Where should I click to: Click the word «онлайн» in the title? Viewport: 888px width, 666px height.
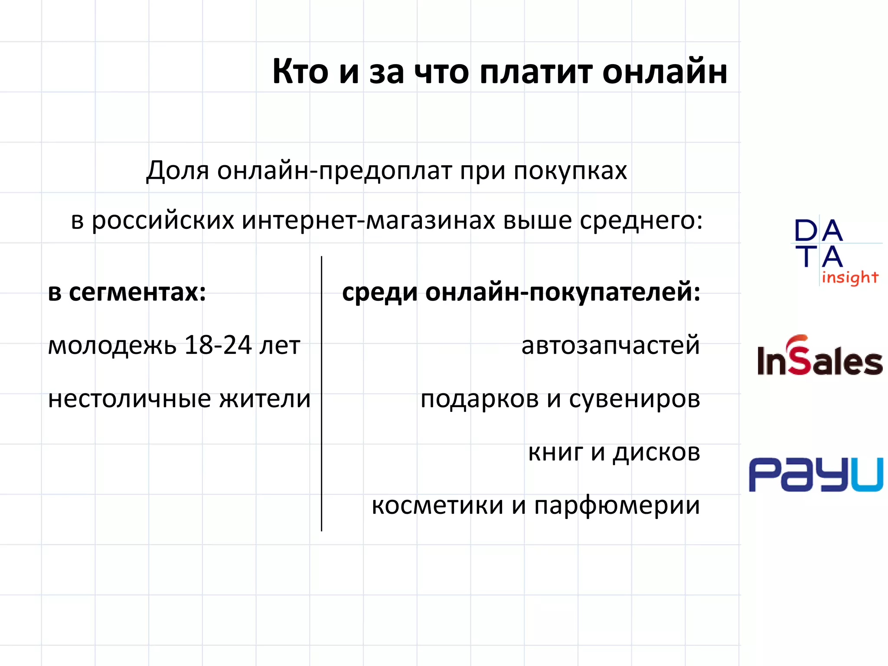coord(664,72)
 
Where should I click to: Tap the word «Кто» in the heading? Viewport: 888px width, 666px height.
coord(300,72)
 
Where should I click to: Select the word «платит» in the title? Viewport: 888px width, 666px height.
coord(536,72)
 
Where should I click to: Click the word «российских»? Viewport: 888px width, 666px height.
coord(163,221)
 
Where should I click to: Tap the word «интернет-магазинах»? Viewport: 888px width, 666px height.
coord(369,220)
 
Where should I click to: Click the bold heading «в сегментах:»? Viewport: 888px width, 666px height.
coord(127,292)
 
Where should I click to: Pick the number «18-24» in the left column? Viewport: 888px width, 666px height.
coord(218,345)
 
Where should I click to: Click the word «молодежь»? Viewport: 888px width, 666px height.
coord(112,346)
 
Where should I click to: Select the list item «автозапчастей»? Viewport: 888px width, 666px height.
coord(610,346)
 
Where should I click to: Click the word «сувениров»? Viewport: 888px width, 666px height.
coord(634,399)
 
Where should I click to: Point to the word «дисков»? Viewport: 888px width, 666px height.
coord(656,453)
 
